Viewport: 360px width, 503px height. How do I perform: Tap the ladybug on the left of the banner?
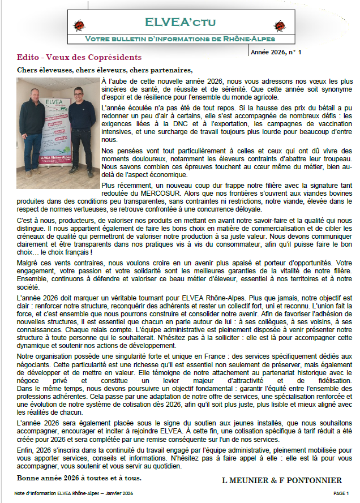(80, 25)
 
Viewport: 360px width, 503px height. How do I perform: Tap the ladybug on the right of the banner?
(280, 25)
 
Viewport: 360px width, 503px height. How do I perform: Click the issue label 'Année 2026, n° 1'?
(276, 52)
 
